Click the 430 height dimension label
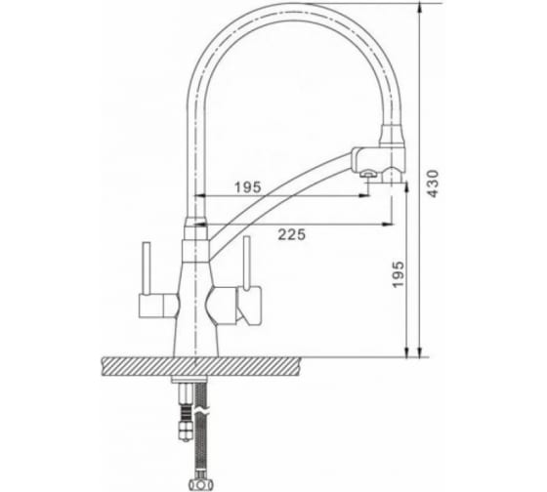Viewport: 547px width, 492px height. [x=433, y=184]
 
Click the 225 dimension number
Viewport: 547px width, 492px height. [x=292, y=234]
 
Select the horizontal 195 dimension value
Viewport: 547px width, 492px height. [x=247, y=187]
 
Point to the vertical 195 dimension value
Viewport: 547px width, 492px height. [x=399, y=274]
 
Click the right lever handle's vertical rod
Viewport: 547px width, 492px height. [x=246, y=263]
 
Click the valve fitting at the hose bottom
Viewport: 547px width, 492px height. [x=200, y=483]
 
